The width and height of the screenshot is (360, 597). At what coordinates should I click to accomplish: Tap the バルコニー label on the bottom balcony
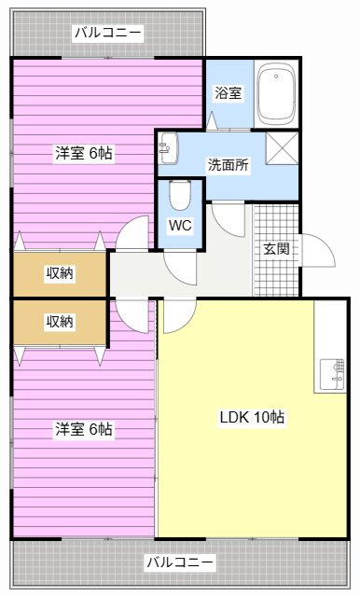[x=179, y=562]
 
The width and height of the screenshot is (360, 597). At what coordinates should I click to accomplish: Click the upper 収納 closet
[x=60, y=273]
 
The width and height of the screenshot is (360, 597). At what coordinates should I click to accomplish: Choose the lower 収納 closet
[x=60, y=322]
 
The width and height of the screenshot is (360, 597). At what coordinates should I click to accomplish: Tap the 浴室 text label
[x=228, y=93]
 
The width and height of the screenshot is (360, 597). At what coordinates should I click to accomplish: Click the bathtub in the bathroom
[x=276, y=93]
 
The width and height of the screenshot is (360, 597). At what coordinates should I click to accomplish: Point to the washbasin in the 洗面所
[x=168, y=145]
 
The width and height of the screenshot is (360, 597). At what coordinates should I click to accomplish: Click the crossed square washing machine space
[x=281, y=149]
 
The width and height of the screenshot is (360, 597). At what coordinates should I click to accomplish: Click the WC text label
[x=179, y=225]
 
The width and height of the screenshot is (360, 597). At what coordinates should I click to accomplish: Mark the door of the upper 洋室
[x=133, y=233]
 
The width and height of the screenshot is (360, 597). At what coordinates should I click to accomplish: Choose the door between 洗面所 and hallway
[x=228, y=216]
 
